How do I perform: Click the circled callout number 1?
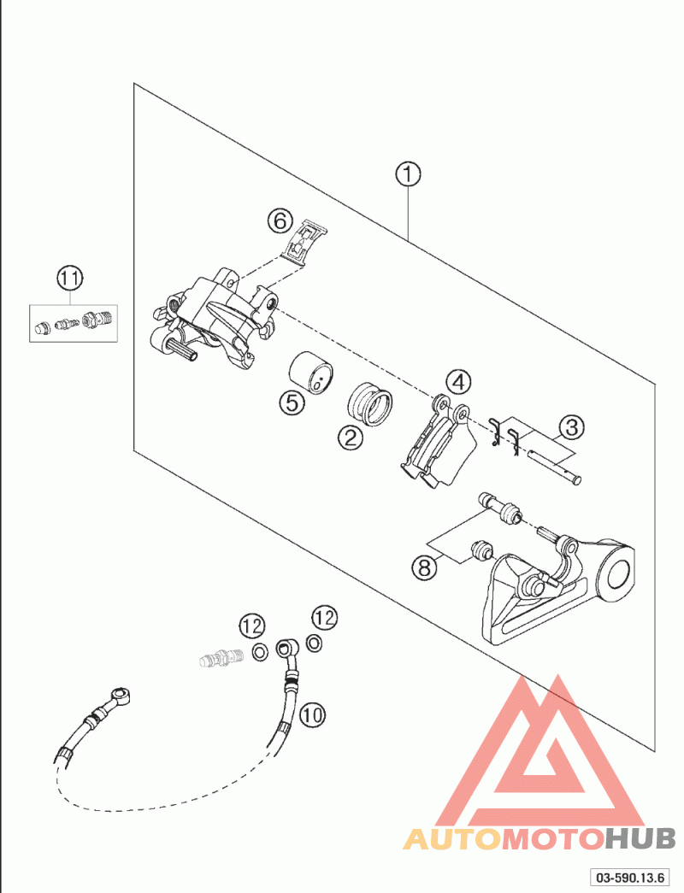tap(408, 174)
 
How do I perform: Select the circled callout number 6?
tap(280, 220)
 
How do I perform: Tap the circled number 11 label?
tap(69, 279)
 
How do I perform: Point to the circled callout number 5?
tap(292, 403)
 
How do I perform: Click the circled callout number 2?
tap(351, 438)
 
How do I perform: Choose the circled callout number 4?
tap(459, 382)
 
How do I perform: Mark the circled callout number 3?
tap(572, 426)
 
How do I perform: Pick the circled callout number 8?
tap(424, 567)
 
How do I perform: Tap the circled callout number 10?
tap(312, 714)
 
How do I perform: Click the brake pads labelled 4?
tap(437, 442)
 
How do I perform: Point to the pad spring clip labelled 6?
tap(306, 242)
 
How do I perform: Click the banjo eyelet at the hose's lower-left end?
tap(121, 696)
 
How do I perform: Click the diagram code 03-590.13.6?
tap(629, 877)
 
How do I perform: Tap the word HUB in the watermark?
tap(640, 838)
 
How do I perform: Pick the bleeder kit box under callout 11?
tap(74, 324)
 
